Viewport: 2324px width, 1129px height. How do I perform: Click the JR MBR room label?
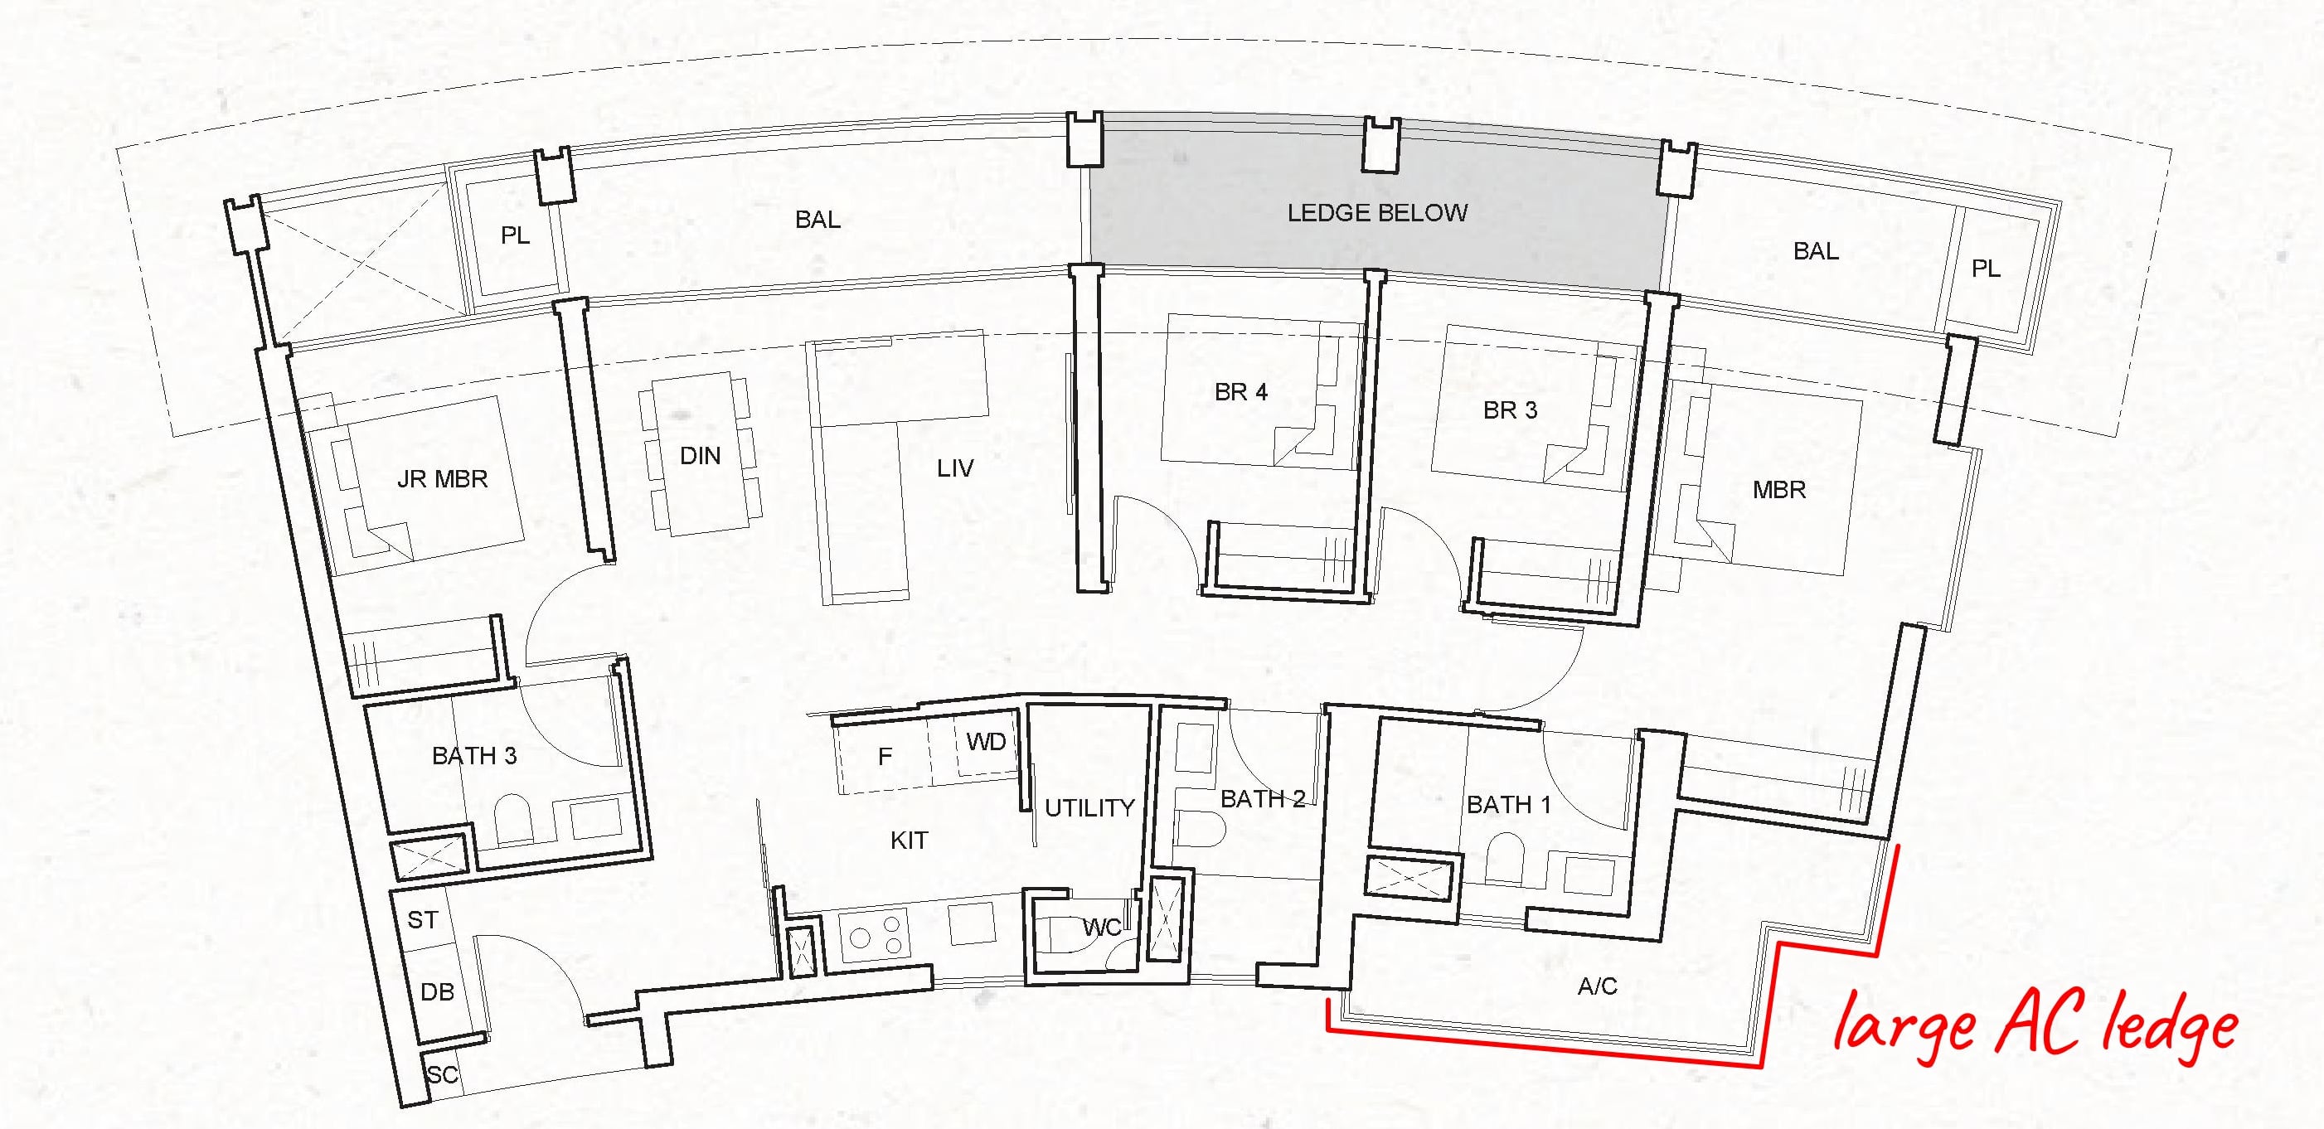click(x=442, y=479)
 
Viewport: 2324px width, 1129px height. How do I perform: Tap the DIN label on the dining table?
click(x=700, y=456)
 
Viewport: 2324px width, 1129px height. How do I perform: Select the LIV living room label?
click(x=954, y=469)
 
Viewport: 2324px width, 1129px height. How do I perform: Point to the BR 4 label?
click(x=1240, y=392)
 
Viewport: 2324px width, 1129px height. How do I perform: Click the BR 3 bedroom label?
click(x=1511, y=410)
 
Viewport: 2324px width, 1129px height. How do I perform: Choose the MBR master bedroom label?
click(x=1779, y=490)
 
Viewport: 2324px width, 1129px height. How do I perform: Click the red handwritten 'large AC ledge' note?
click(x=2037, y=1026)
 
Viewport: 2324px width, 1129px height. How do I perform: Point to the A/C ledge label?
click(x=1597, y=986)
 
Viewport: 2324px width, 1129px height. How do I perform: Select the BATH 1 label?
click(x=1508, y=804)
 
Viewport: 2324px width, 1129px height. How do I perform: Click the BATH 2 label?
click(x=1262, y=799)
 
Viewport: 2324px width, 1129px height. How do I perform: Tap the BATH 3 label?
click(x=473, y=756)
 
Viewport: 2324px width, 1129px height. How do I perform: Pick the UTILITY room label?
click(x=1089, y=808)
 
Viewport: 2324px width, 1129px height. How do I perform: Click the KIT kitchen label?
click(x=909, y=841)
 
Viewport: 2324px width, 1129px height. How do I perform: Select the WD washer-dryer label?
click(x=985, y=742)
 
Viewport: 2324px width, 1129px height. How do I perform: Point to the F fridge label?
click(x=885, y=757)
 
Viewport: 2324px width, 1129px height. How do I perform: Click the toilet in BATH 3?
click(x=513, y=819)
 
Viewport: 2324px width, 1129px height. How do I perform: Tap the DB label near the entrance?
click(x=437, y=992)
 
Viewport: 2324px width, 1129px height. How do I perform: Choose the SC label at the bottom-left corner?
click(x=442, y=1075)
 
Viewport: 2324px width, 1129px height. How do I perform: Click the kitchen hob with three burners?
click(x=874, y=935)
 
